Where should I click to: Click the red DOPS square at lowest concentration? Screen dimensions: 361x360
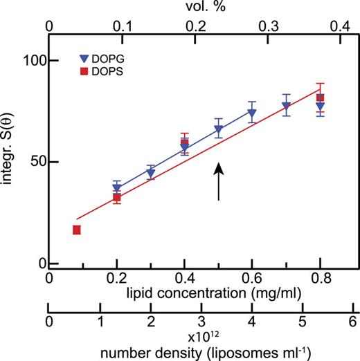click(x=77, y=230)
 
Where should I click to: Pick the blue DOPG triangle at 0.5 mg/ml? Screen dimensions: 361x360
click(x=219, y=129)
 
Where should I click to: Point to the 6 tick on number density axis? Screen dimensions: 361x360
click(x=353, y=322)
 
